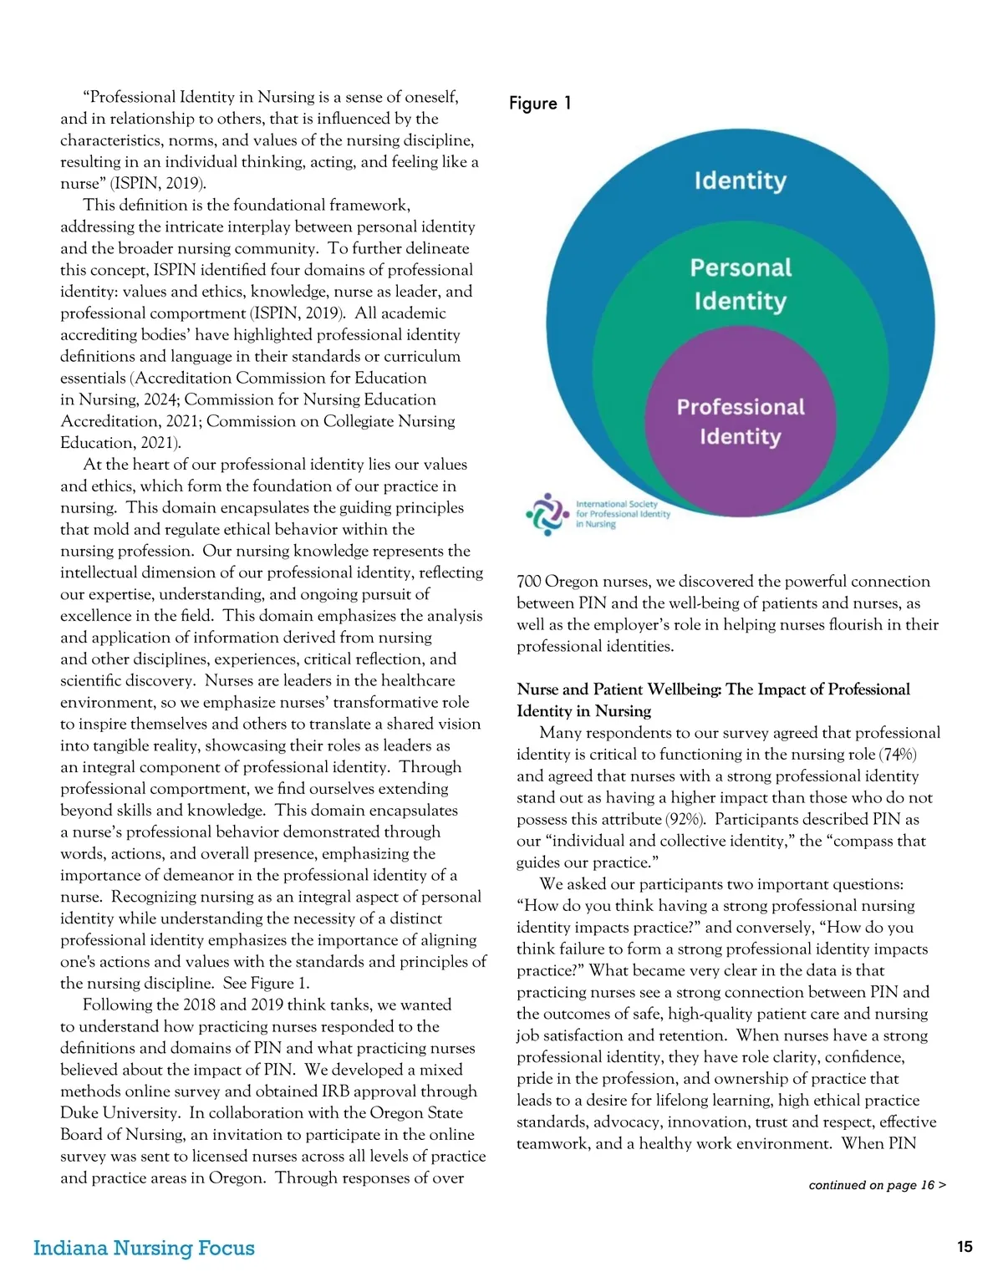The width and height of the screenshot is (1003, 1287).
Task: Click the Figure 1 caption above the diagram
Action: point(540,104)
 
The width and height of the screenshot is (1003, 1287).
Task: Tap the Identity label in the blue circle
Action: point(740,181)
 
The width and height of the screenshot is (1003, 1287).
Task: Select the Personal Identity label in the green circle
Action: point(741,284)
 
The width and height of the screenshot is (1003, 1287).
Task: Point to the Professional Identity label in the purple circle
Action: point(741,421)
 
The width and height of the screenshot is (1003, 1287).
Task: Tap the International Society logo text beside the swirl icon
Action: point(623,514)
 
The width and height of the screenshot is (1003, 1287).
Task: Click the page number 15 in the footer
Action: point(965,1247)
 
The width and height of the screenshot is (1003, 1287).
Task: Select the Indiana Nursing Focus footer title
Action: point(144,1248)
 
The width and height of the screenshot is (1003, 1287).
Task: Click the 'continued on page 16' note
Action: point(877,1185)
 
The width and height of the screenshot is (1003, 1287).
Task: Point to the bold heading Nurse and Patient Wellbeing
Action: point(713,699)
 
